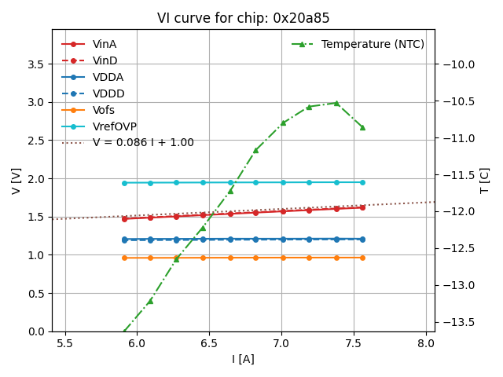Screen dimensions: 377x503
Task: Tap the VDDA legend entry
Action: tap(108, 77)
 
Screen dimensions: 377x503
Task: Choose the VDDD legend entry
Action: tap(108, 93)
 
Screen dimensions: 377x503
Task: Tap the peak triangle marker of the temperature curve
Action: tap(336, 103)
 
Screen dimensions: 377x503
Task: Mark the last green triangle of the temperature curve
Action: tap(362, 127)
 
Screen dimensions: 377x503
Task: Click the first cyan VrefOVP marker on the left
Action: tap(124, 183)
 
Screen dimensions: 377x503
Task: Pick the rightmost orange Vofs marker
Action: tap(362, 258)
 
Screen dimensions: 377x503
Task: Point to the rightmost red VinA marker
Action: tap(362, 207)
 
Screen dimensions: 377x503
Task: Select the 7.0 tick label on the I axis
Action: tap(281, 344)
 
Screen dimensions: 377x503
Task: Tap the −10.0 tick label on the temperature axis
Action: tap(460, 64)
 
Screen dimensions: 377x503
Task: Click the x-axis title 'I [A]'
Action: tap(243, 360)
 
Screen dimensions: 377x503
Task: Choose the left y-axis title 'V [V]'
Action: tap(17, 180)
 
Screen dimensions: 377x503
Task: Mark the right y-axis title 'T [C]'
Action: tap(485, 180)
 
